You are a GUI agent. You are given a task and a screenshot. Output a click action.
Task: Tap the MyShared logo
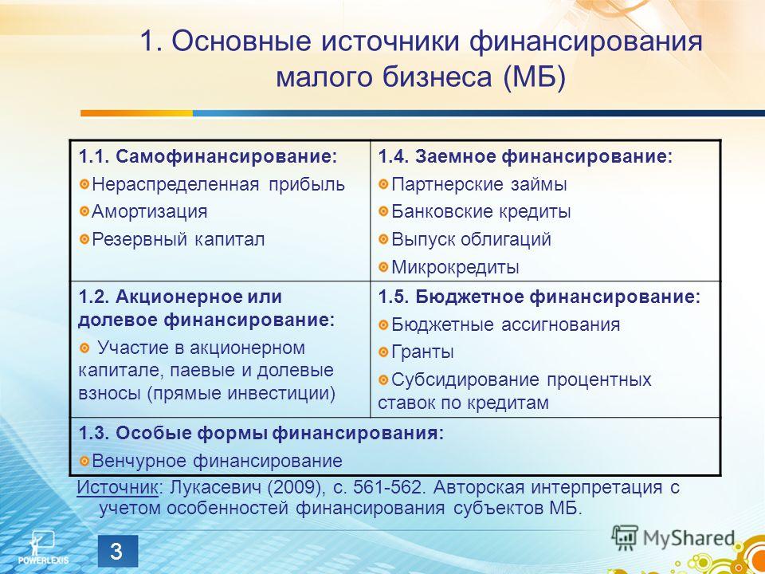coord(673,537)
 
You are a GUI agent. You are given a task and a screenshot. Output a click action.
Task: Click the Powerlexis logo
coord(43,548)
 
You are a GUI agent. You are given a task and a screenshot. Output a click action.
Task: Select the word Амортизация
coord(149,211)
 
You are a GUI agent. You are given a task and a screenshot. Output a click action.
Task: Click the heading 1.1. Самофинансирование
coord(208,157)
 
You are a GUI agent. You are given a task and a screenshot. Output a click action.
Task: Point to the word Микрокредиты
coord(455,267)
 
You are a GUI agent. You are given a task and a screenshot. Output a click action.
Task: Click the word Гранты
coord(422,352)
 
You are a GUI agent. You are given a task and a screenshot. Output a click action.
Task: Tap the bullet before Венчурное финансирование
coord(84,462)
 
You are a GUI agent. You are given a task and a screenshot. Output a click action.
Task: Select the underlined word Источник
coord(117,487)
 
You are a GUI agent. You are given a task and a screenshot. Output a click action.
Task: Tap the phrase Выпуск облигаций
coord(471,239)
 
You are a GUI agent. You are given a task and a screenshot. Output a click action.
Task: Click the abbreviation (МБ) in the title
coord(535,78)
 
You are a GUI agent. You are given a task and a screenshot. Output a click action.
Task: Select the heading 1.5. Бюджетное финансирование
coord(539,297)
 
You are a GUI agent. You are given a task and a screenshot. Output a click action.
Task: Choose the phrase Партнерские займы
coord(479,184)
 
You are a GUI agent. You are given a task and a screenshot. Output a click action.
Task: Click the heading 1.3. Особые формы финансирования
coord(261,434)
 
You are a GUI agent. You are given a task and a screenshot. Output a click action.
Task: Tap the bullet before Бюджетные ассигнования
coord(384,325)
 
